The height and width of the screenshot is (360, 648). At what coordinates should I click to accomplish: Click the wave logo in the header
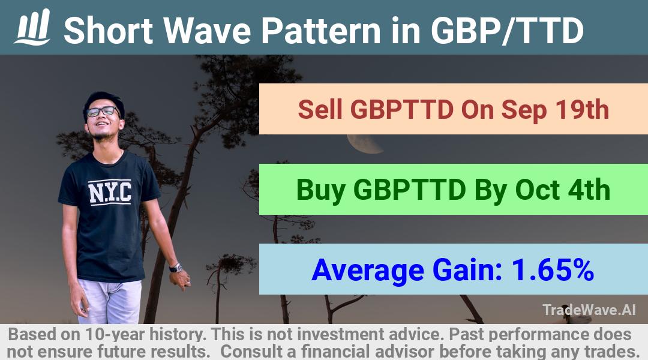pyautogui.click(x=32, y=27)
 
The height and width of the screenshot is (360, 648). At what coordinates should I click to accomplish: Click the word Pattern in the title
pyautogui.click(x=320, y=31)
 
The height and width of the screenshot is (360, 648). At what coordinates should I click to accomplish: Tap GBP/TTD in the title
pyautogui.click(x=507, y=31)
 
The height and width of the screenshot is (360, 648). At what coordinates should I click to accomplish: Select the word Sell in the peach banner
pyautogui.click(x=320, y=110)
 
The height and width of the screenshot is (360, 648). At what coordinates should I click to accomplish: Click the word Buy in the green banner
pyautogui.click(x=320, y=191)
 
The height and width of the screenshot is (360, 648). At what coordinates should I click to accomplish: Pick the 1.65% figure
pyautogui.click(x=553, y=270)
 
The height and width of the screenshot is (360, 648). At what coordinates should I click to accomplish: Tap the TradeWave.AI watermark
pyautogui.click(x=589, y=310)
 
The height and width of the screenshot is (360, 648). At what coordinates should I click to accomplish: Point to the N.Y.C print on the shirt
pyautogui.click(x=110, y=192)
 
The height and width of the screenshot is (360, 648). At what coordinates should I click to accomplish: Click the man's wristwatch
pyautogui.click(x=176, y=268)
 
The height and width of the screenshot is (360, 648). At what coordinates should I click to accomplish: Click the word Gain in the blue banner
pyautogui.click(x=467, y=271)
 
